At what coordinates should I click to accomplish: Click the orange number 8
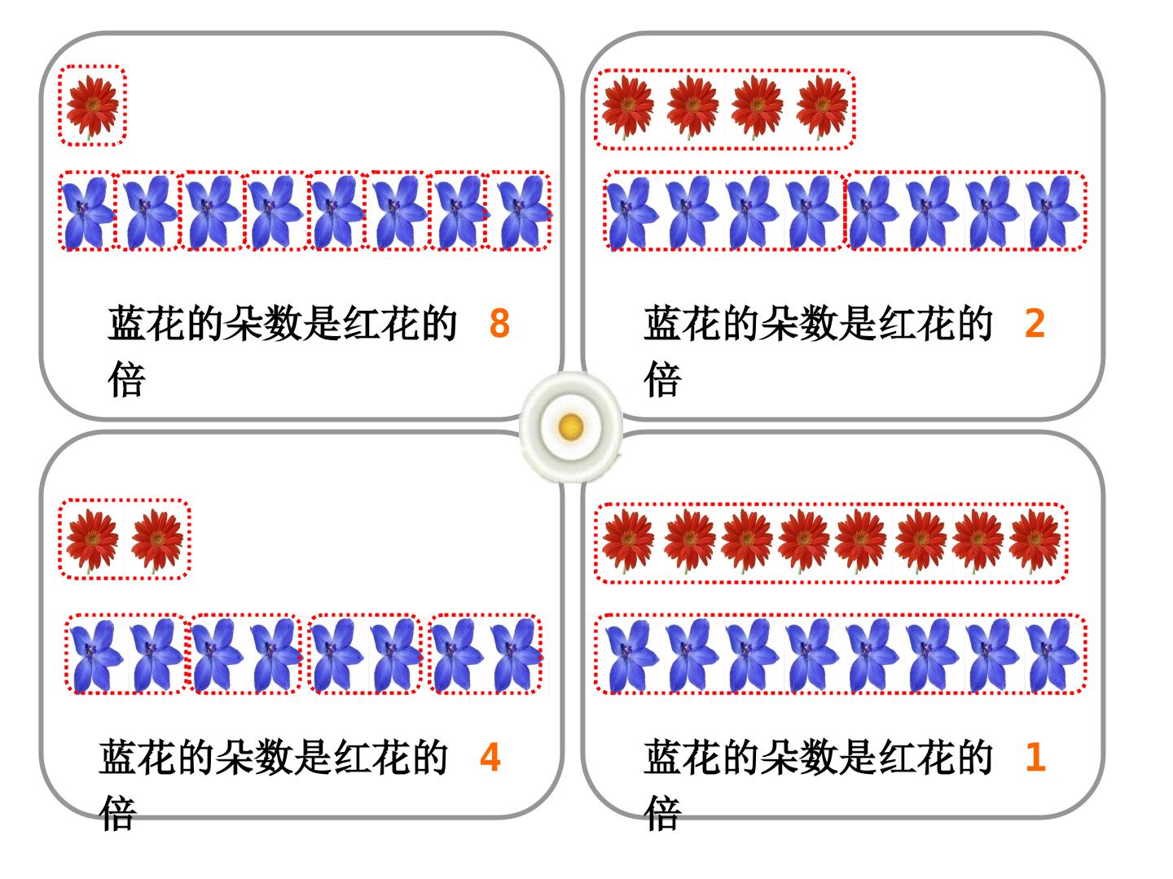[x=499, y=323]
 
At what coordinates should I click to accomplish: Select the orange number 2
[x=1035, y=323]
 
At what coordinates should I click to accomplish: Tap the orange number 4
[x=490, y=757]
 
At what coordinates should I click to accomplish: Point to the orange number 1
[x=1035, y=757]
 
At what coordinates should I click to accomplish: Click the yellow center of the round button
[x=570, y=426]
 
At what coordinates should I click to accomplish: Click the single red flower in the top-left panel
[x=92, y=107]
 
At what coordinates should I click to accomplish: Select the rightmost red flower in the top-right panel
[x=821, y=107]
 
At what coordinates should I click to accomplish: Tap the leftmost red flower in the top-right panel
[x=627, y=107]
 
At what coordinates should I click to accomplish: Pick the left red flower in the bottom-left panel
[x=92, y=540]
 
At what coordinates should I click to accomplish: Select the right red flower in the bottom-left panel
[x=157, y=540]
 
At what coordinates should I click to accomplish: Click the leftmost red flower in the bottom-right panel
[x=627, y=540]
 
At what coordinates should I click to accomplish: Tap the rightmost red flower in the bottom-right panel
[x=1035, y=540]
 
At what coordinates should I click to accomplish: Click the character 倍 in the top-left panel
[x=126, y=379]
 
